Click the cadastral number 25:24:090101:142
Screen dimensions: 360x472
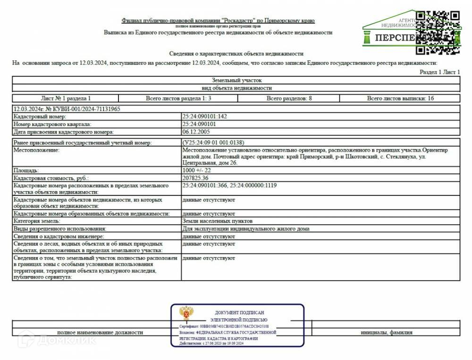click(204, 116)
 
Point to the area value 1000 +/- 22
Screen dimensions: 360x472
click(196, 170)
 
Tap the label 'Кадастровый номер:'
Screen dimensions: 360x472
click(40, 116)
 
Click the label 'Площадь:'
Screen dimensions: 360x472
click(26, 170)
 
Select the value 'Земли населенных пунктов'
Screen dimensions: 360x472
click(217, 221)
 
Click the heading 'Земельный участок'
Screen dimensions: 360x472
click(236, 81)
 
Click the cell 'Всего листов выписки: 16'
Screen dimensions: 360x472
click(400, 98)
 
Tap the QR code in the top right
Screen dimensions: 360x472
click(438, 32)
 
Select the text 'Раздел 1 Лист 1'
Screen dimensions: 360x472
click(439, 72)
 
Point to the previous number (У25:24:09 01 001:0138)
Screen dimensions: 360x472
click(213, 142)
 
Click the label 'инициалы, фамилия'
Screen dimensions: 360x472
click(386, 332)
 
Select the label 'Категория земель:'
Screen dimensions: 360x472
click(37, 221)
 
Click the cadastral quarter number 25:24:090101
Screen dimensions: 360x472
click(199, 124)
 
